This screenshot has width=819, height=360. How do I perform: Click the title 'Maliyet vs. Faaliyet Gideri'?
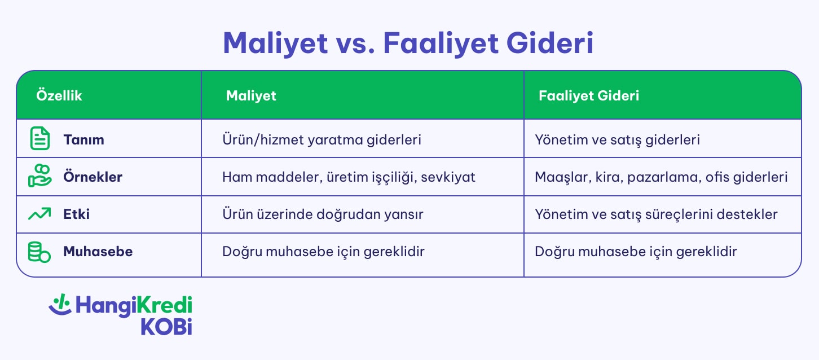click(408, 44)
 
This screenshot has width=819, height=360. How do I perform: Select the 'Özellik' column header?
click(59, 96)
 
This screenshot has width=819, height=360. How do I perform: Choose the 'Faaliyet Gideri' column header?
click(589, 96)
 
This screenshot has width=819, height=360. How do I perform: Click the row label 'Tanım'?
click(83, 139)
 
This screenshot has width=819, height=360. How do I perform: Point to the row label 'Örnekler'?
click(93, 177)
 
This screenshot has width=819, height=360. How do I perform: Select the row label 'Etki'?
click(76, 214)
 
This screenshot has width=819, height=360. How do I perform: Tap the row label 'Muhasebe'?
click(98, 252)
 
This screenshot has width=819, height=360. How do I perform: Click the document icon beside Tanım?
click(39, 139)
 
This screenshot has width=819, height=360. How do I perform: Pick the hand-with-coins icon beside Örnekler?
click(39, 177)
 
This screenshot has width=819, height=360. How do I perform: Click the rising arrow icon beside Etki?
click(39, 214)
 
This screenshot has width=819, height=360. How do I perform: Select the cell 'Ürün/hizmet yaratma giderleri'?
click(322, 139)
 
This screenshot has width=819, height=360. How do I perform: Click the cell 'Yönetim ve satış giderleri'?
click(617, 139)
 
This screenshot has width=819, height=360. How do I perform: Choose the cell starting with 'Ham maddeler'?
click(349, 177)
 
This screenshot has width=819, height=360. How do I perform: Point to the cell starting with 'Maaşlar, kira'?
click(661, 177)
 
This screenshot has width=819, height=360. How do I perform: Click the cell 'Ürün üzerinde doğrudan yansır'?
click(323, 214)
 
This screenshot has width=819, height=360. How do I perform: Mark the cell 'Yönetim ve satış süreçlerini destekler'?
click(656, 214)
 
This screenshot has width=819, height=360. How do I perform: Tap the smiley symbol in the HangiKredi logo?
click(60, 305)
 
